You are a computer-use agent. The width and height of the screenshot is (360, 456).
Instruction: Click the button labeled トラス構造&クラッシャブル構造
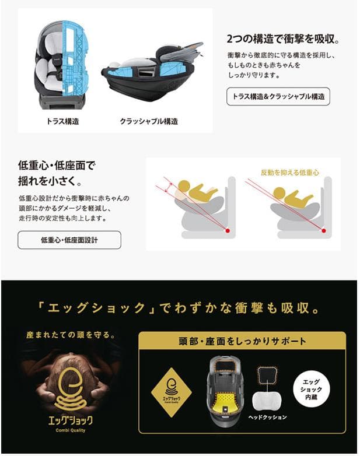point(278,96)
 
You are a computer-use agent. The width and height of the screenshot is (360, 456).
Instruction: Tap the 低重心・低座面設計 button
point(69,240)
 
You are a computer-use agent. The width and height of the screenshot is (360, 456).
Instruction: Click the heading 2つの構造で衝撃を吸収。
point(283,40)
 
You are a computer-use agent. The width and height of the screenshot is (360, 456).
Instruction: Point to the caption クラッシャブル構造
point(149,122)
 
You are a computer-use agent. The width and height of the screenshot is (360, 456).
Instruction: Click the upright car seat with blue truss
point(62,65)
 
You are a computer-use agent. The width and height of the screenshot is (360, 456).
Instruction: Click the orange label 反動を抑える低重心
point(290,173)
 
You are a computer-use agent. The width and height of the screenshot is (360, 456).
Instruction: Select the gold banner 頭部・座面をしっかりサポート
point(242,341)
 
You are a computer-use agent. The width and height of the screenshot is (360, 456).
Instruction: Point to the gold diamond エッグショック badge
point(171,390)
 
